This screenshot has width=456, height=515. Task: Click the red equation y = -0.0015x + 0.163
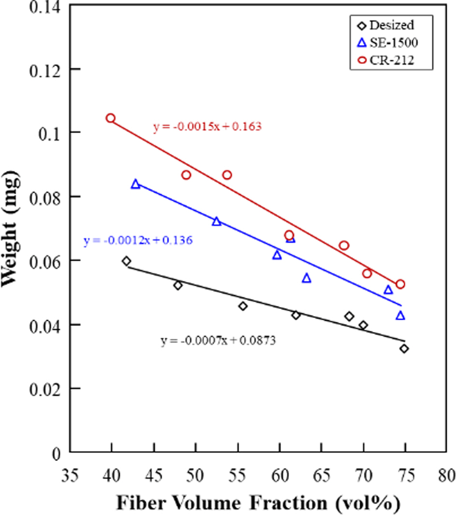(207, 127)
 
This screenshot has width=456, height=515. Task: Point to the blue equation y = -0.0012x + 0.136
(138, 240)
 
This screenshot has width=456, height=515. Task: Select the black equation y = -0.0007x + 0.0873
(218, 341)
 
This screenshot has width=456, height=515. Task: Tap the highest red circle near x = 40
(111, 118)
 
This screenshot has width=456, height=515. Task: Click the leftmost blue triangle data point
(136, 184)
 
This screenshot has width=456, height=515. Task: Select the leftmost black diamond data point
(126, 261)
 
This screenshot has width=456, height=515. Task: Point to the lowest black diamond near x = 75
(404, 348)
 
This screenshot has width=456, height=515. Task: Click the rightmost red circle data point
(400, 284)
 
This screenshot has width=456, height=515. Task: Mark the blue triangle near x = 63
(306, 278)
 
